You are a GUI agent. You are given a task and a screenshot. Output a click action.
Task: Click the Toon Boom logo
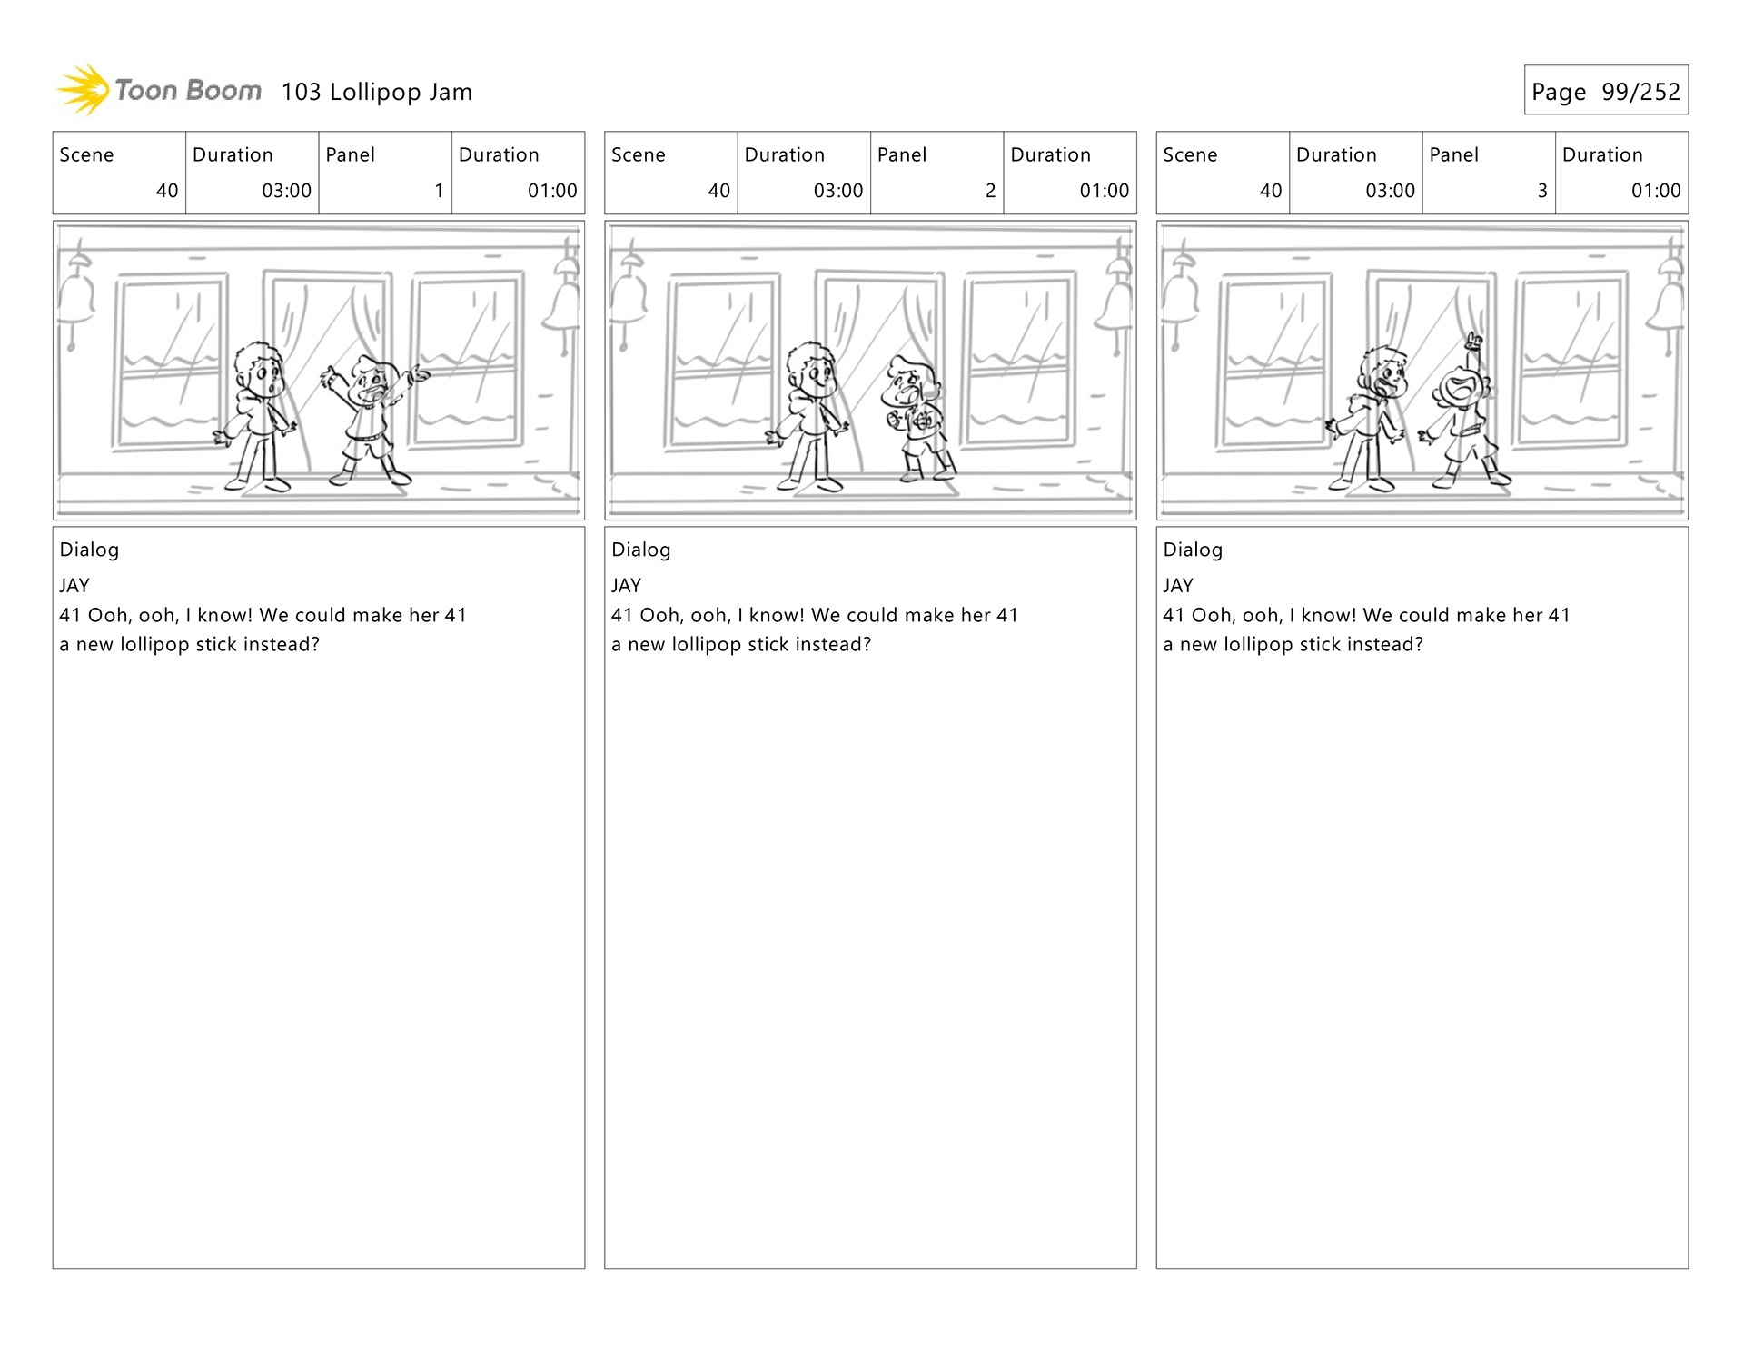[x=159, y=90]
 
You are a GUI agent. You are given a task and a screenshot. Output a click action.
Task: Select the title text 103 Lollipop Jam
[x=376, y=92]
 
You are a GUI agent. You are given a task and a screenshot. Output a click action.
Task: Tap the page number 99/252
[x=1640, y=92]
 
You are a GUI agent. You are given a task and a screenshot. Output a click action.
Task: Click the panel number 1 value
[x=439, y=191]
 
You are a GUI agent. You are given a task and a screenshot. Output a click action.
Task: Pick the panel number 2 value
[x=990, y=191]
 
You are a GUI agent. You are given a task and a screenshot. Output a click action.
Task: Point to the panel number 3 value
[x=1541, y=191]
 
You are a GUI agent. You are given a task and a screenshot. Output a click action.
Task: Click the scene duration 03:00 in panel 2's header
[x=837, y=191]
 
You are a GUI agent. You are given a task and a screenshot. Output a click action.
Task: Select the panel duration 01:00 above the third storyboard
[x=1656, y=191]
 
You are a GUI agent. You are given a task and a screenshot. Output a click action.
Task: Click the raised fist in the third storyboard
[x=1474, y=342]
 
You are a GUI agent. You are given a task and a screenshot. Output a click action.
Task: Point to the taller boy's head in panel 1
[x=260, y=367]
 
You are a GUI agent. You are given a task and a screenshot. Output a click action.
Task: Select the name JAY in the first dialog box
[x=74, y=586]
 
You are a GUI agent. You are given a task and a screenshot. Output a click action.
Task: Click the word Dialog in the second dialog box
[x=640, y=550]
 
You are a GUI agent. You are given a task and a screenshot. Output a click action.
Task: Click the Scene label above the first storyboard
[x=86, y=154]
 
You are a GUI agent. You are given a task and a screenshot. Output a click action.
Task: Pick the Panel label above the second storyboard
[x=902, y=154]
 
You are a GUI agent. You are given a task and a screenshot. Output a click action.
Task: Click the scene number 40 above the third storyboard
[x=1270, y=191]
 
